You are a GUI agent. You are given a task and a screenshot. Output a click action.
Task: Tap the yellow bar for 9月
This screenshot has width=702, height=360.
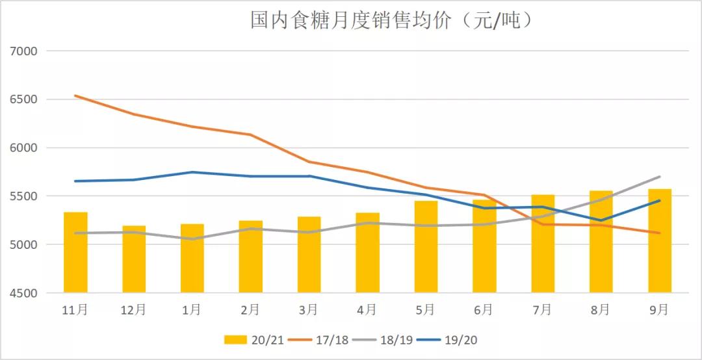tap(659, 240)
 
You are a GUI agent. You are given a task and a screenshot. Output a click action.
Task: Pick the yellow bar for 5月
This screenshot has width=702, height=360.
tap(426, 247)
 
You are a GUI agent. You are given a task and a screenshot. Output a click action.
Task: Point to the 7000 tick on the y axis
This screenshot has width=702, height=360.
tap(24, 51)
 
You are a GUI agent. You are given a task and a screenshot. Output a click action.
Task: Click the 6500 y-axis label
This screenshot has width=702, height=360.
tap(24, 99)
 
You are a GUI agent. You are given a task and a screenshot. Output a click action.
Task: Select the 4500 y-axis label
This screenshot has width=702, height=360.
tap(24, 293)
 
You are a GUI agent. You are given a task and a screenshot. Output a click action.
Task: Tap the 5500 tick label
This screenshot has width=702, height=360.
tap(24, 196)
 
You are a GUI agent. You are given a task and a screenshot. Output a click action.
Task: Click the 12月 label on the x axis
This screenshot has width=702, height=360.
tap(133, 311)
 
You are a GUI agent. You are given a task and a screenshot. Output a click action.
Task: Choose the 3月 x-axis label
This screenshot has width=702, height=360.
tap(309, 311)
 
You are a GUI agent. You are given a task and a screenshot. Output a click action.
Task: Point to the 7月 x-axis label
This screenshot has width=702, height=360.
tap(542, 311)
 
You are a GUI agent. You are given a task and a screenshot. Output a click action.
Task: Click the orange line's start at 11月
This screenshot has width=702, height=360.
tap(75, 96)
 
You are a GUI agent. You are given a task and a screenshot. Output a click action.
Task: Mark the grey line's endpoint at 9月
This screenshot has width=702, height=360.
tap(659, 177)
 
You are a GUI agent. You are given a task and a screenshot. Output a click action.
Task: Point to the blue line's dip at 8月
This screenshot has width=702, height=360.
tap(601, 220)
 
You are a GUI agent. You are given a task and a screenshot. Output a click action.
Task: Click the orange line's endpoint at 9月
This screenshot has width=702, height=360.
tap(659, 233)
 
